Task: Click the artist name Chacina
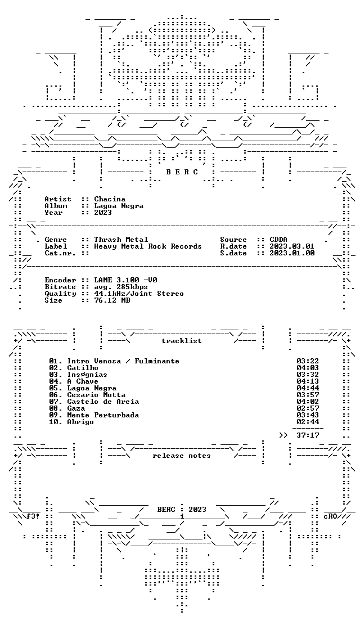pos(110,199)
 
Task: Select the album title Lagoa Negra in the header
pos(119,206)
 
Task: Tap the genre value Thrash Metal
pos(121,240)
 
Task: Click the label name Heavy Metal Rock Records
pos(148,246)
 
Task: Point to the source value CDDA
pos(278,240)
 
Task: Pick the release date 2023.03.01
pos(292,246)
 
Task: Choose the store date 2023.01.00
pos(292,253)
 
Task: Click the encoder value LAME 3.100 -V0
pos(125,280)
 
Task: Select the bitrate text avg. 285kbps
pos(121,287)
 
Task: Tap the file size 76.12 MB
pos(112,300)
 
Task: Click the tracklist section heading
pos(181,341)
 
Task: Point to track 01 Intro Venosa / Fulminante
pos(114,361)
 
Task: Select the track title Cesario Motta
pos(96,395)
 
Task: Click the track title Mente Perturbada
pos(103,415)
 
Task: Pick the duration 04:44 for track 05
pos(308,388)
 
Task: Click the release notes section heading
pos(181,456)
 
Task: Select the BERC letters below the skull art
pos(182,172)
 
